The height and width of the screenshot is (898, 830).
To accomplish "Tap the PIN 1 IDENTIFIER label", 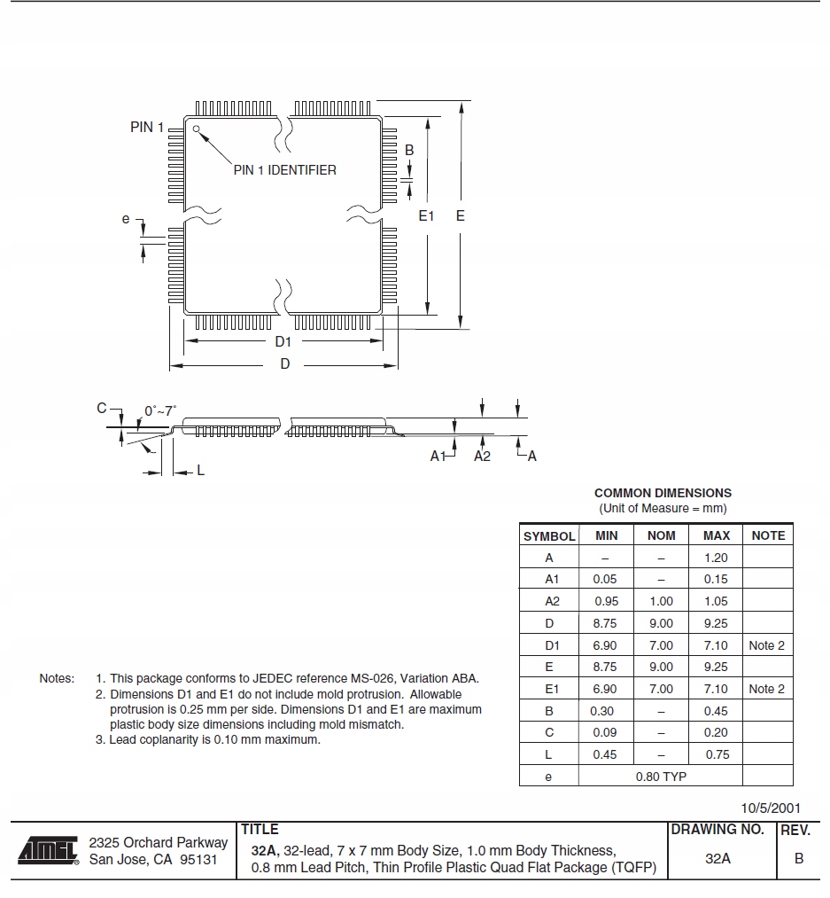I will pyautogui.click(x=284, y=170).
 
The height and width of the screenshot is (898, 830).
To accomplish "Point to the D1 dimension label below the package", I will pyautogui.click(x=283, y=341).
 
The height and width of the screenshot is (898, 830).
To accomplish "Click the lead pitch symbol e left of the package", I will pyautogui.click(x=126, y=219).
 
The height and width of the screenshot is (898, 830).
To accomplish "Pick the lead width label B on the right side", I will pyautogui.click(x=409, y=151).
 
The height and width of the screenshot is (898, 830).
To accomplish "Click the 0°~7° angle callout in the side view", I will pyautogui.click(x=160, y=410).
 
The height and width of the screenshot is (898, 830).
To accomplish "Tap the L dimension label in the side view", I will pyautogui.click(x=201, y=470).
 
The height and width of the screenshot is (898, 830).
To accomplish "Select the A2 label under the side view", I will pyautogui.click(x=482, y=456).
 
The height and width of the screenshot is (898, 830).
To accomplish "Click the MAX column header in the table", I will pyautogui.click(x=716, y=535).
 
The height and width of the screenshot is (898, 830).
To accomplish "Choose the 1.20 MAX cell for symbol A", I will pyautogui.click(x=716, y=558).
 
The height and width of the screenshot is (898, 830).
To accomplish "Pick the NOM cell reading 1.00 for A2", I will pyautogui.click(x=661, y=601).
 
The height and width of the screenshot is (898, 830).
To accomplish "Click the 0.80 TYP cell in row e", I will pyautogui.click(x=661, y=777).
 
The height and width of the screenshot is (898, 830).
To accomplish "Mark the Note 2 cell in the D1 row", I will pyautogui.click(x=766, y=645).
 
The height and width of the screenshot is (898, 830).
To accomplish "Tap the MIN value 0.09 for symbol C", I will pyautogui.click(x=605, y=732).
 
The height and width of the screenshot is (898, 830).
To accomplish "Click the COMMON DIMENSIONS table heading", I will pyautogui.click(x=663, y=493).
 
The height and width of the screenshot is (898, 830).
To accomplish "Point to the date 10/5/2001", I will pyautogui.click(x=771, y=808).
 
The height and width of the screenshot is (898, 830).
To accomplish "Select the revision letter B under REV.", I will pyautogui.click(x=799, y=858).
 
